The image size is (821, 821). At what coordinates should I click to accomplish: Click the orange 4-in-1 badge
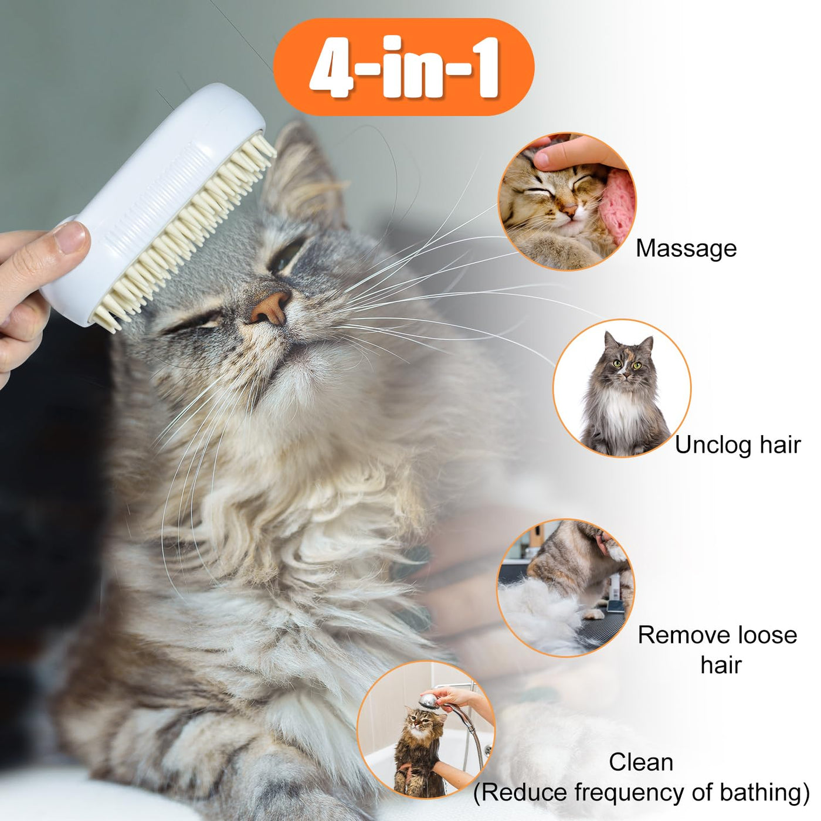click(403, 67)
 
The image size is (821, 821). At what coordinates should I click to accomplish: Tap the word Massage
click(686, 249)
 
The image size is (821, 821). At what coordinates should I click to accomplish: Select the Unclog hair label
click(738, 445)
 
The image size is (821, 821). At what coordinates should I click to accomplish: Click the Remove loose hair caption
click(717, 649)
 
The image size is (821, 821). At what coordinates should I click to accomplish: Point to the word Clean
click(641, 762)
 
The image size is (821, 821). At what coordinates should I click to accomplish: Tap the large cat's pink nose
click(270, 307)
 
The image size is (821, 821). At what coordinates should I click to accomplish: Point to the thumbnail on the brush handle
click(70, 237)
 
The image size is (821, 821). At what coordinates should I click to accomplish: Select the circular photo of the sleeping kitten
click(566, 201)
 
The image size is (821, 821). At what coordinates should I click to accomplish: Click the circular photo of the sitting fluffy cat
click(622, 388)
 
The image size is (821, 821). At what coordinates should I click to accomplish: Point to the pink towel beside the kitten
click(618, 205)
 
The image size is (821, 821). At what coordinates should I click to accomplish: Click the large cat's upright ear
click(303, 171)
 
